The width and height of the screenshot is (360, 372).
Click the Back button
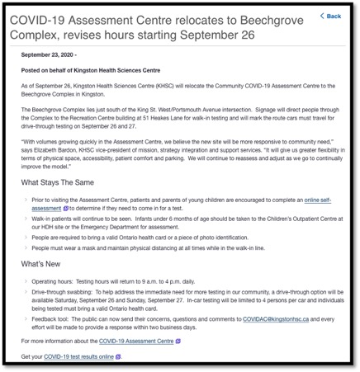tap(331, 16)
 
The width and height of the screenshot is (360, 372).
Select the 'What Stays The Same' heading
tap(58, 182)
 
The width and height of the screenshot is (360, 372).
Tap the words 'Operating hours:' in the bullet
tap(53, 281)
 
